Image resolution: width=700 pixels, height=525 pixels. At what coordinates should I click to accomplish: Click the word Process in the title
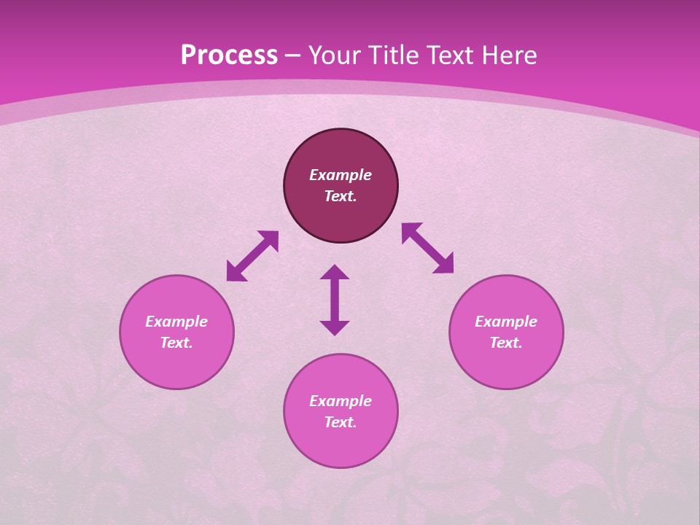(x=229, y=55)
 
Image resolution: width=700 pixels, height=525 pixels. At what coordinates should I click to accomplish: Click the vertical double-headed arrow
(x=335, y=300)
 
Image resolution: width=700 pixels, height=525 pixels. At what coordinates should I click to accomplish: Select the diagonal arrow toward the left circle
(x=252, y=256)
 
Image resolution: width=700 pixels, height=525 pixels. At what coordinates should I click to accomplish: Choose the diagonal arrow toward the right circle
(x=427, y=248)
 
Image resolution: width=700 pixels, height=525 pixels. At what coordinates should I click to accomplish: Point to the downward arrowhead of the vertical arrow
(x=335, y=327)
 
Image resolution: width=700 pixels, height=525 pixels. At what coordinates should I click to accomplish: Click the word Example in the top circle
(x=341, y=175)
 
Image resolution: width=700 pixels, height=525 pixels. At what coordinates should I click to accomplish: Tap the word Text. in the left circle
(x=176, y=343)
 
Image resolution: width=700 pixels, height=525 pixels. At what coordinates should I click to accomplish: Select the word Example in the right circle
(x=506, y=322)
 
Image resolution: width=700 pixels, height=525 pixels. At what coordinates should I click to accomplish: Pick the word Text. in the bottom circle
(x=341, y=422)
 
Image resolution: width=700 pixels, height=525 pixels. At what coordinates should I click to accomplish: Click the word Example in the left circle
(x=176, y=322)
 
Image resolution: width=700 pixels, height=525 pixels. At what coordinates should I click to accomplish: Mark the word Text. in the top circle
(x=341, y=196)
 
